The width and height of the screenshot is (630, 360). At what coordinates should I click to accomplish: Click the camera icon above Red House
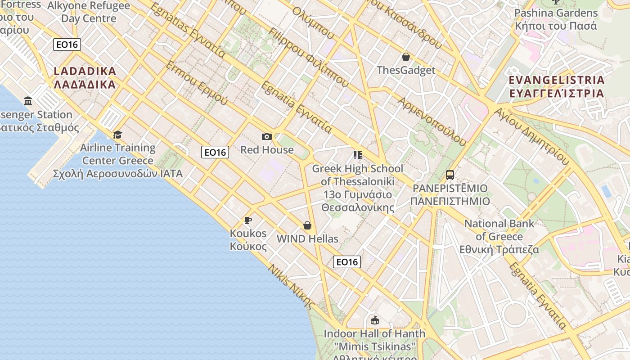[266, 136]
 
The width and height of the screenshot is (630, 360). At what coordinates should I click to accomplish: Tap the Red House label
[267, 150]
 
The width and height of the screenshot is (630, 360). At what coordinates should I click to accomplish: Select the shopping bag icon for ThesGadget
[405, 57]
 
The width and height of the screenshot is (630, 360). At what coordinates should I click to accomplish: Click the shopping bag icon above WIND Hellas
[307, 225]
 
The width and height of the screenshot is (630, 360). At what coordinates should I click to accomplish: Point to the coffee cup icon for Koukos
[247, 220]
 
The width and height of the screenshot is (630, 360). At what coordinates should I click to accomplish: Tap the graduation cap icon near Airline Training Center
[117, 135]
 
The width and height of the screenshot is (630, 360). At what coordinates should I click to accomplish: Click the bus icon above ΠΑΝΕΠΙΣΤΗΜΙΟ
[450, 175]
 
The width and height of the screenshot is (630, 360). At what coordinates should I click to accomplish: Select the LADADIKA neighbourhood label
[85, 78]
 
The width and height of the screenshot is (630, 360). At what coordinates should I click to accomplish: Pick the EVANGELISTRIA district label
[556, 87]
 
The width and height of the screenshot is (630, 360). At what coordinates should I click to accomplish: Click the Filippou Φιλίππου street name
[308, 57]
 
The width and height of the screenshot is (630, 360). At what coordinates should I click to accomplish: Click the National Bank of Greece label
[499, 236]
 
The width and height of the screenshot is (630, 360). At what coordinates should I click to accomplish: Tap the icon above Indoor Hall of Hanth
[374, 320]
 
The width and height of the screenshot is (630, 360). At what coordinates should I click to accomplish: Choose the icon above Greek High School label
[358, 155]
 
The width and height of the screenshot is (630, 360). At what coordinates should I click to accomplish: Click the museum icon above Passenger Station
[28, 101]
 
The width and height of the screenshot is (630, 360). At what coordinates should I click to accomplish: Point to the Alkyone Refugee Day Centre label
[89, 12]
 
